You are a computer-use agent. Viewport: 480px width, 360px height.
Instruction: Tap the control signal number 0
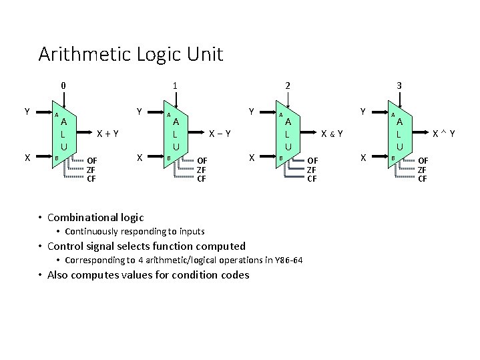click(x=63, y=85)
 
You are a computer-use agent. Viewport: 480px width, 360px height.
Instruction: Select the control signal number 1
click(x=175, y=85)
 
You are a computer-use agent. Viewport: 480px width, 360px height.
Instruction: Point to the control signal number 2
click(x=287, y=85)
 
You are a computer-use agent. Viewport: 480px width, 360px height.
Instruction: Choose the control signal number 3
click(x=399, y=85)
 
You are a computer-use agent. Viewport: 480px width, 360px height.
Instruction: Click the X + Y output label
click(x=107, y=133)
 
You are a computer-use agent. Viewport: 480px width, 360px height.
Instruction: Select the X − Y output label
click(x=220, y=133)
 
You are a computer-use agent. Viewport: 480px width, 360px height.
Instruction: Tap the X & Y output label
click(x=332, y=133)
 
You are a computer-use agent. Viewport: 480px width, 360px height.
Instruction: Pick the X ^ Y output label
click(x=444, y=133)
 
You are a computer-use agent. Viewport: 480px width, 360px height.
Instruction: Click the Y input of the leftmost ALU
click(x=27, y=111)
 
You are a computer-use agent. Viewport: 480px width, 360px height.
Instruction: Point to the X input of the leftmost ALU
click(x=27, y=158)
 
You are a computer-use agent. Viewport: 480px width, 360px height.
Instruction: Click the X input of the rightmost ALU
click(x=363, y=158)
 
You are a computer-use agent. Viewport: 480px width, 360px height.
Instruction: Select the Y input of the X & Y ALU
click(x=251, y=111)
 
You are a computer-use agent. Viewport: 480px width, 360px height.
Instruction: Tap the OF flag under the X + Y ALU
click(x=92, y=161)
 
